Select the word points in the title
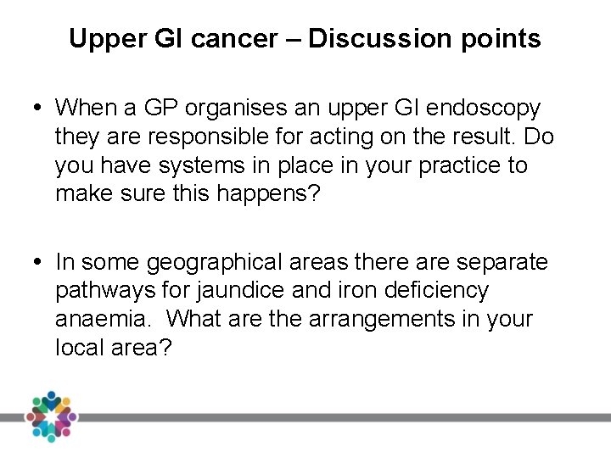[504, 39]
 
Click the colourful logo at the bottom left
[51, 416]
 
